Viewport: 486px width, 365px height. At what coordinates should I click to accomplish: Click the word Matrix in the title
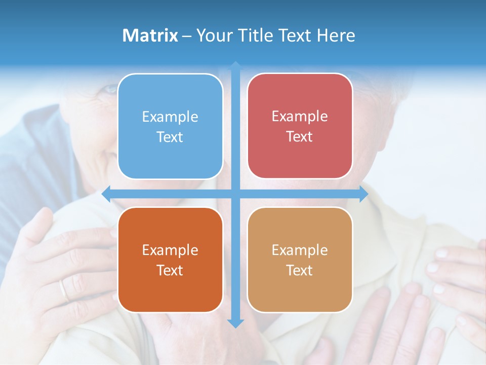[150, 35]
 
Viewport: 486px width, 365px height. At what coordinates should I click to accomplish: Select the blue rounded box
[170, 126]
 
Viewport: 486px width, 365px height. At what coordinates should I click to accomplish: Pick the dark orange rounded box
[170, 260]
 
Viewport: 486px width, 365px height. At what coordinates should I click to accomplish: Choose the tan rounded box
[300, 260]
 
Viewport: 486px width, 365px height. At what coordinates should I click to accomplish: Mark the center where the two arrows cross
[235, 194]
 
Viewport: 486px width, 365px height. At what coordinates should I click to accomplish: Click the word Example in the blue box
[170, 117]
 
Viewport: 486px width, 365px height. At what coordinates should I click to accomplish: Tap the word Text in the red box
[300, 137]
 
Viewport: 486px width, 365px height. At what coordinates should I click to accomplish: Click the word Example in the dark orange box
[170, 250]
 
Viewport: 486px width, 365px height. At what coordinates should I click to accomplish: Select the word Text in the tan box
[300, 271]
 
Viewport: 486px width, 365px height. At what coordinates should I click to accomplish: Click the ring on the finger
[64, 290]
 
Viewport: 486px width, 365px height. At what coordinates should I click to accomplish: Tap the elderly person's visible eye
[108, 89]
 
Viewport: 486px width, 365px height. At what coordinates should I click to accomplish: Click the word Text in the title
[294, 35]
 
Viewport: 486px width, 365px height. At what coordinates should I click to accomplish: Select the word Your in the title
[213, 35]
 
